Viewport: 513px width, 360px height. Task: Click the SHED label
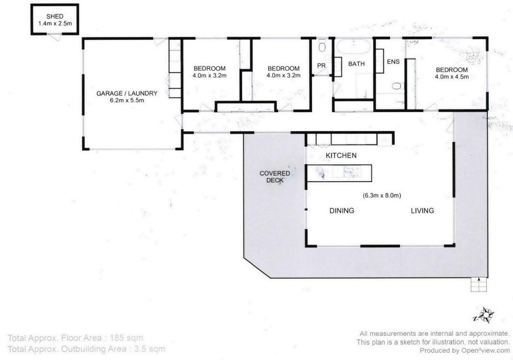pyautogui.click(x=54, y=16)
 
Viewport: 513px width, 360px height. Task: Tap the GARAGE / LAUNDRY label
pyautogui.click(x=127, y=93)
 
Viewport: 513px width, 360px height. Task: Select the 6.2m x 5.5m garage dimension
pyautogui.click(x=127, y=100)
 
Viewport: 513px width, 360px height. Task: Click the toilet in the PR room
pyautogui.click(x=322, y=46)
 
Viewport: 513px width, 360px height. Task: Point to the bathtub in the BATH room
pyautogui.click(x=353, y=47)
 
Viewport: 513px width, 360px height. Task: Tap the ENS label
pyautogui.click(x=393, y=62)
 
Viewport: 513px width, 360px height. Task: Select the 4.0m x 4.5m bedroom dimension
pyautogui.click(x=451, y=77)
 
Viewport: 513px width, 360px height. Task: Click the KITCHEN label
pyautogui.click(x=341, y=155)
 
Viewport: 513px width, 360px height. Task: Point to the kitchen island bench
pyautogui.click(x=339, y=173)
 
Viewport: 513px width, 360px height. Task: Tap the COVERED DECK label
pyautogui.click(x=275, y=177)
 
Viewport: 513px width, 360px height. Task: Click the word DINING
pyautogui.click(x=341, y=210)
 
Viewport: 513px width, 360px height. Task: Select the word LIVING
pyautogui.click(x=423, y=210)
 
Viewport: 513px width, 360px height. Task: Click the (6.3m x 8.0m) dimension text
pyautogui.click(x=382, y=195)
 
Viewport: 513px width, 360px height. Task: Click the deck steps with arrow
pyautogui.click(x=479, y=284)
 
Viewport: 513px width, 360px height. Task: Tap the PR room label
pyautogui.click(x=321, y=65)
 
